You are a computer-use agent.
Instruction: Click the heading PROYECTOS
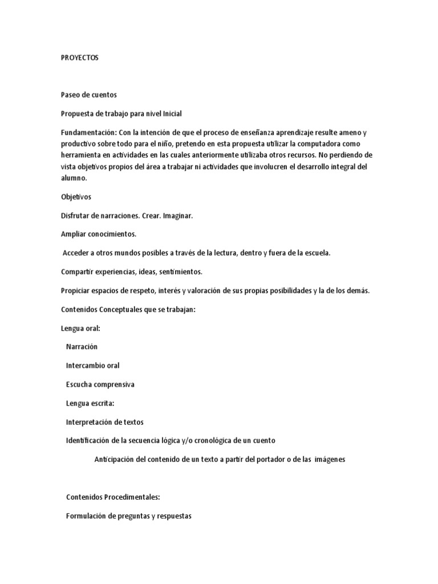click(79, 58)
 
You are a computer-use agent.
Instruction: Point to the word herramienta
click(81, 155)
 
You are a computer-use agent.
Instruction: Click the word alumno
click(73, 178)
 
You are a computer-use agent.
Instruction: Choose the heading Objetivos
click(76, 197)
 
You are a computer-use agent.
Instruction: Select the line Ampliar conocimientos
click(99, 234)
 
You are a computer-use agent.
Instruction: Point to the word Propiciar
click(76, 290)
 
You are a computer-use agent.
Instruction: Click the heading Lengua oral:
click(80, 328)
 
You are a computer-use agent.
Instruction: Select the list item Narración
click(82, 347)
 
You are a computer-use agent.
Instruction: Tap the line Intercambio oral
click(93, 366)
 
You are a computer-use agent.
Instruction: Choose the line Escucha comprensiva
click(100, 384)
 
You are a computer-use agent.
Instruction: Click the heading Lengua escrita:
click(90, 403)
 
